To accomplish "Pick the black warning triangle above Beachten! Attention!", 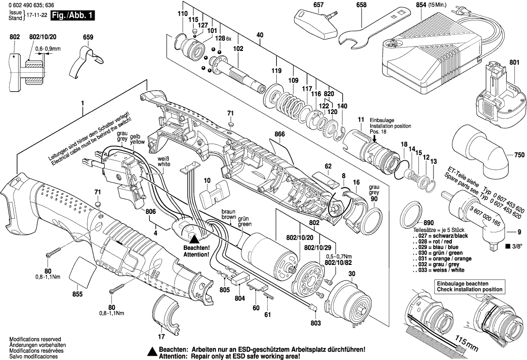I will (194, 238).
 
